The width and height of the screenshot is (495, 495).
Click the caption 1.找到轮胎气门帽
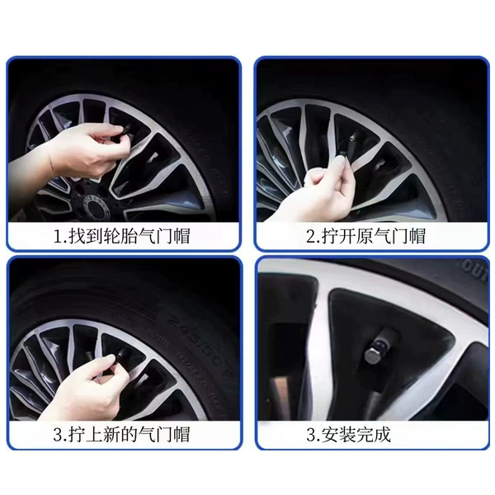click(x=122, y=236)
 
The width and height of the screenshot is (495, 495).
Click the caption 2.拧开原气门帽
click(x=365, y=236)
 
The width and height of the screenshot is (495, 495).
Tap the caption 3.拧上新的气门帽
click(x=122, y=434)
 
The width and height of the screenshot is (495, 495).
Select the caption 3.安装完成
click(x=348, y=435)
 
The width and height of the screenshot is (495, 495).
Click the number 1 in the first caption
click(x=58, y=237)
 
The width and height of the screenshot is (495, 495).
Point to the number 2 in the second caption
click(x=311, y=237)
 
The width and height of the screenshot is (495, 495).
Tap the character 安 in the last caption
click(x=331, y=435)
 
